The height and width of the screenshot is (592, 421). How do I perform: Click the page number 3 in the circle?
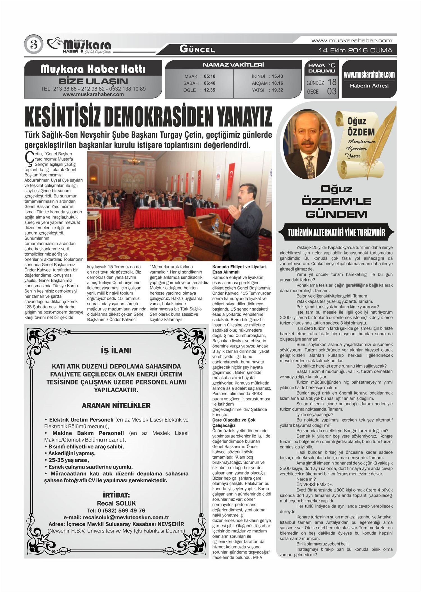point(34,45)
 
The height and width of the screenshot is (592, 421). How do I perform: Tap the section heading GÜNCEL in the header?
point(197,50)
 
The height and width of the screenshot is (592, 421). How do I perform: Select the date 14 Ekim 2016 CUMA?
point(355,50)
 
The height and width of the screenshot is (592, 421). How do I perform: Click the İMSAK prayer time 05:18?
point(209,76)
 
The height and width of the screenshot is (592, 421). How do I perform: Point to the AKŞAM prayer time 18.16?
point(277,83)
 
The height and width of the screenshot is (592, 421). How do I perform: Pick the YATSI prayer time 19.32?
point(277,90)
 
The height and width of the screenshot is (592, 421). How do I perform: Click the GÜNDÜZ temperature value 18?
point(332,82)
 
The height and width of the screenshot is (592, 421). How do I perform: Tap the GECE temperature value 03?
point(331,91)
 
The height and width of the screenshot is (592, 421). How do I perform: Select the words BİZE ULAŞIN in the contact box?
point(93,81)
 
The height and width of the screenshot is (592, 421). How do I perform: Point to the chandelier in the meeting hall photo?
point(134,160)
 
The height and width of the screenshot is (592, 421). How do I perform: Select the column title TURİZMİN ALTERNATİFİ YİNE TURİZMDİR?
point(336,233)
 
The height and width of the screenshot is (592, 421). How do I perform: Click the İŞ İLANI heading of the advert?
point(116,351)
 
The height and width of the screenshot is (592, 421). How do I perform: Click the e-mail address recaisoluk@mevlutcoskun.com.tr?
point(116,517)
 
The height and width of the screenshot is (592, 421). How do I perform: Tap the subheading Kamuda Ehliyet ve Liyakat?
point(239,267)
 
